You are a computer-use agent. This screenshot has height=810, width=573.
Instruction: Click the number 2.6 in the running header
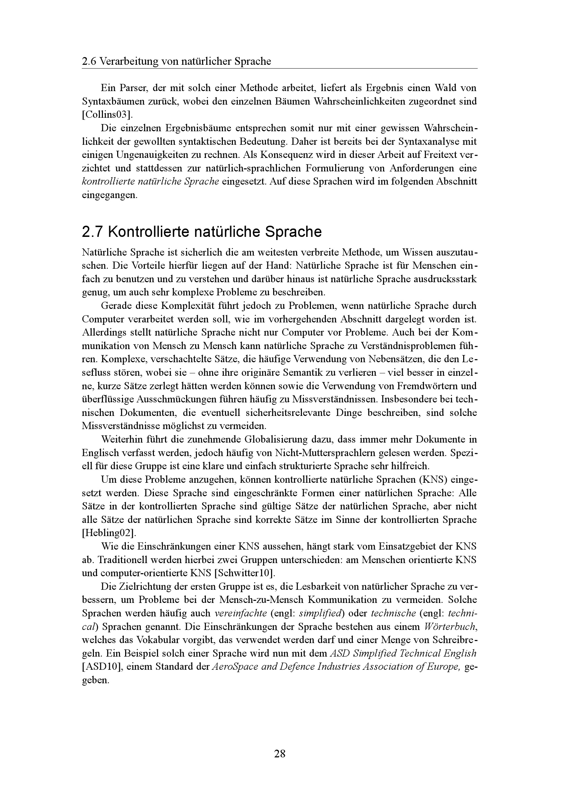pyautogui.click(x=89, y=62)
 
